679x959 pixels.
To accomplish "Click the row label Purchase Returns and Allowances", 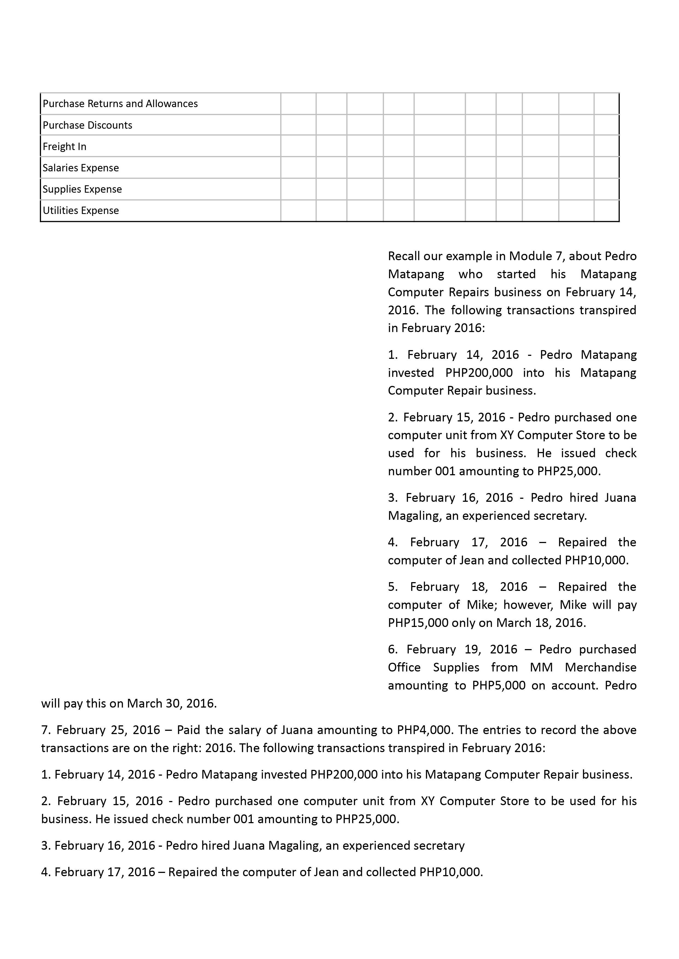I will (120, 104).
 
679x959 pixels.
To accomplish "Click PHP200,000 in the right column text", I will (479, 373).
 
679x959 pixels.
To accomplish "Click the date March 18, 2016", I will (541, 623).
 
